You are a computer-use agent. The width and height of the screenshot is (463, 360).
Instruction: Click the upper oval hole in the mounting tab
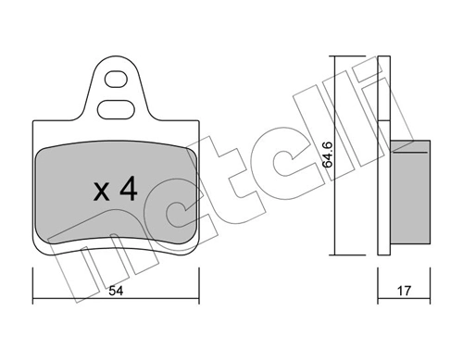click(x=116, y=79)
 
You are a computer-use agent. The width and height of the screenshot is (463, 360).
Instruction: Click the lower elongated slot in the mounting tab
click(x=116, y=109)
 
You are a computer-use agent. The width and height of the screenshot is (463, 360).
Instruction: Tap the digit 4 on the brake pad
click(x=129, y=189)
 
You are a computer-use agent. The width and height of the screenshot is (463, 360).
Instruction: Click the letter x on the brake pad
click(x=102, y=192)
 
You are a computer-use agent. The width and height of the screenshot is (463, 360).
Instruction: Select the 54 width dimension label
click(x=116, y=291)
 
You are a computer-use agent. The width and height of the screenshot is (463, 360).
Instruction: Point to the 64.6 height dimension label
click(x=327, y=155)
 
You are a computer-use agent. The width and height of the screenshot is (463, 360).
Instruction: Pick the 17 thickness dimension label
click(x=404, y=291)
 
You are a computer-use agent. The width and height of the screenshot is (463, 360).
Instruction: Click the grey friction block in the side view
click(x=410, y=192)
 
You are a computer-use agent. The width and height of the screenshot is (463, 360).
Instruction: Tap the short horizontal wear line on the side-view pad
click(x=410, y=152)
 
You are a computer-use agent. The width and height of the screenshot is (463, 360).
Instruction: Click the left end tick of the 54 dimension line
click(x=32, y=286)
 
